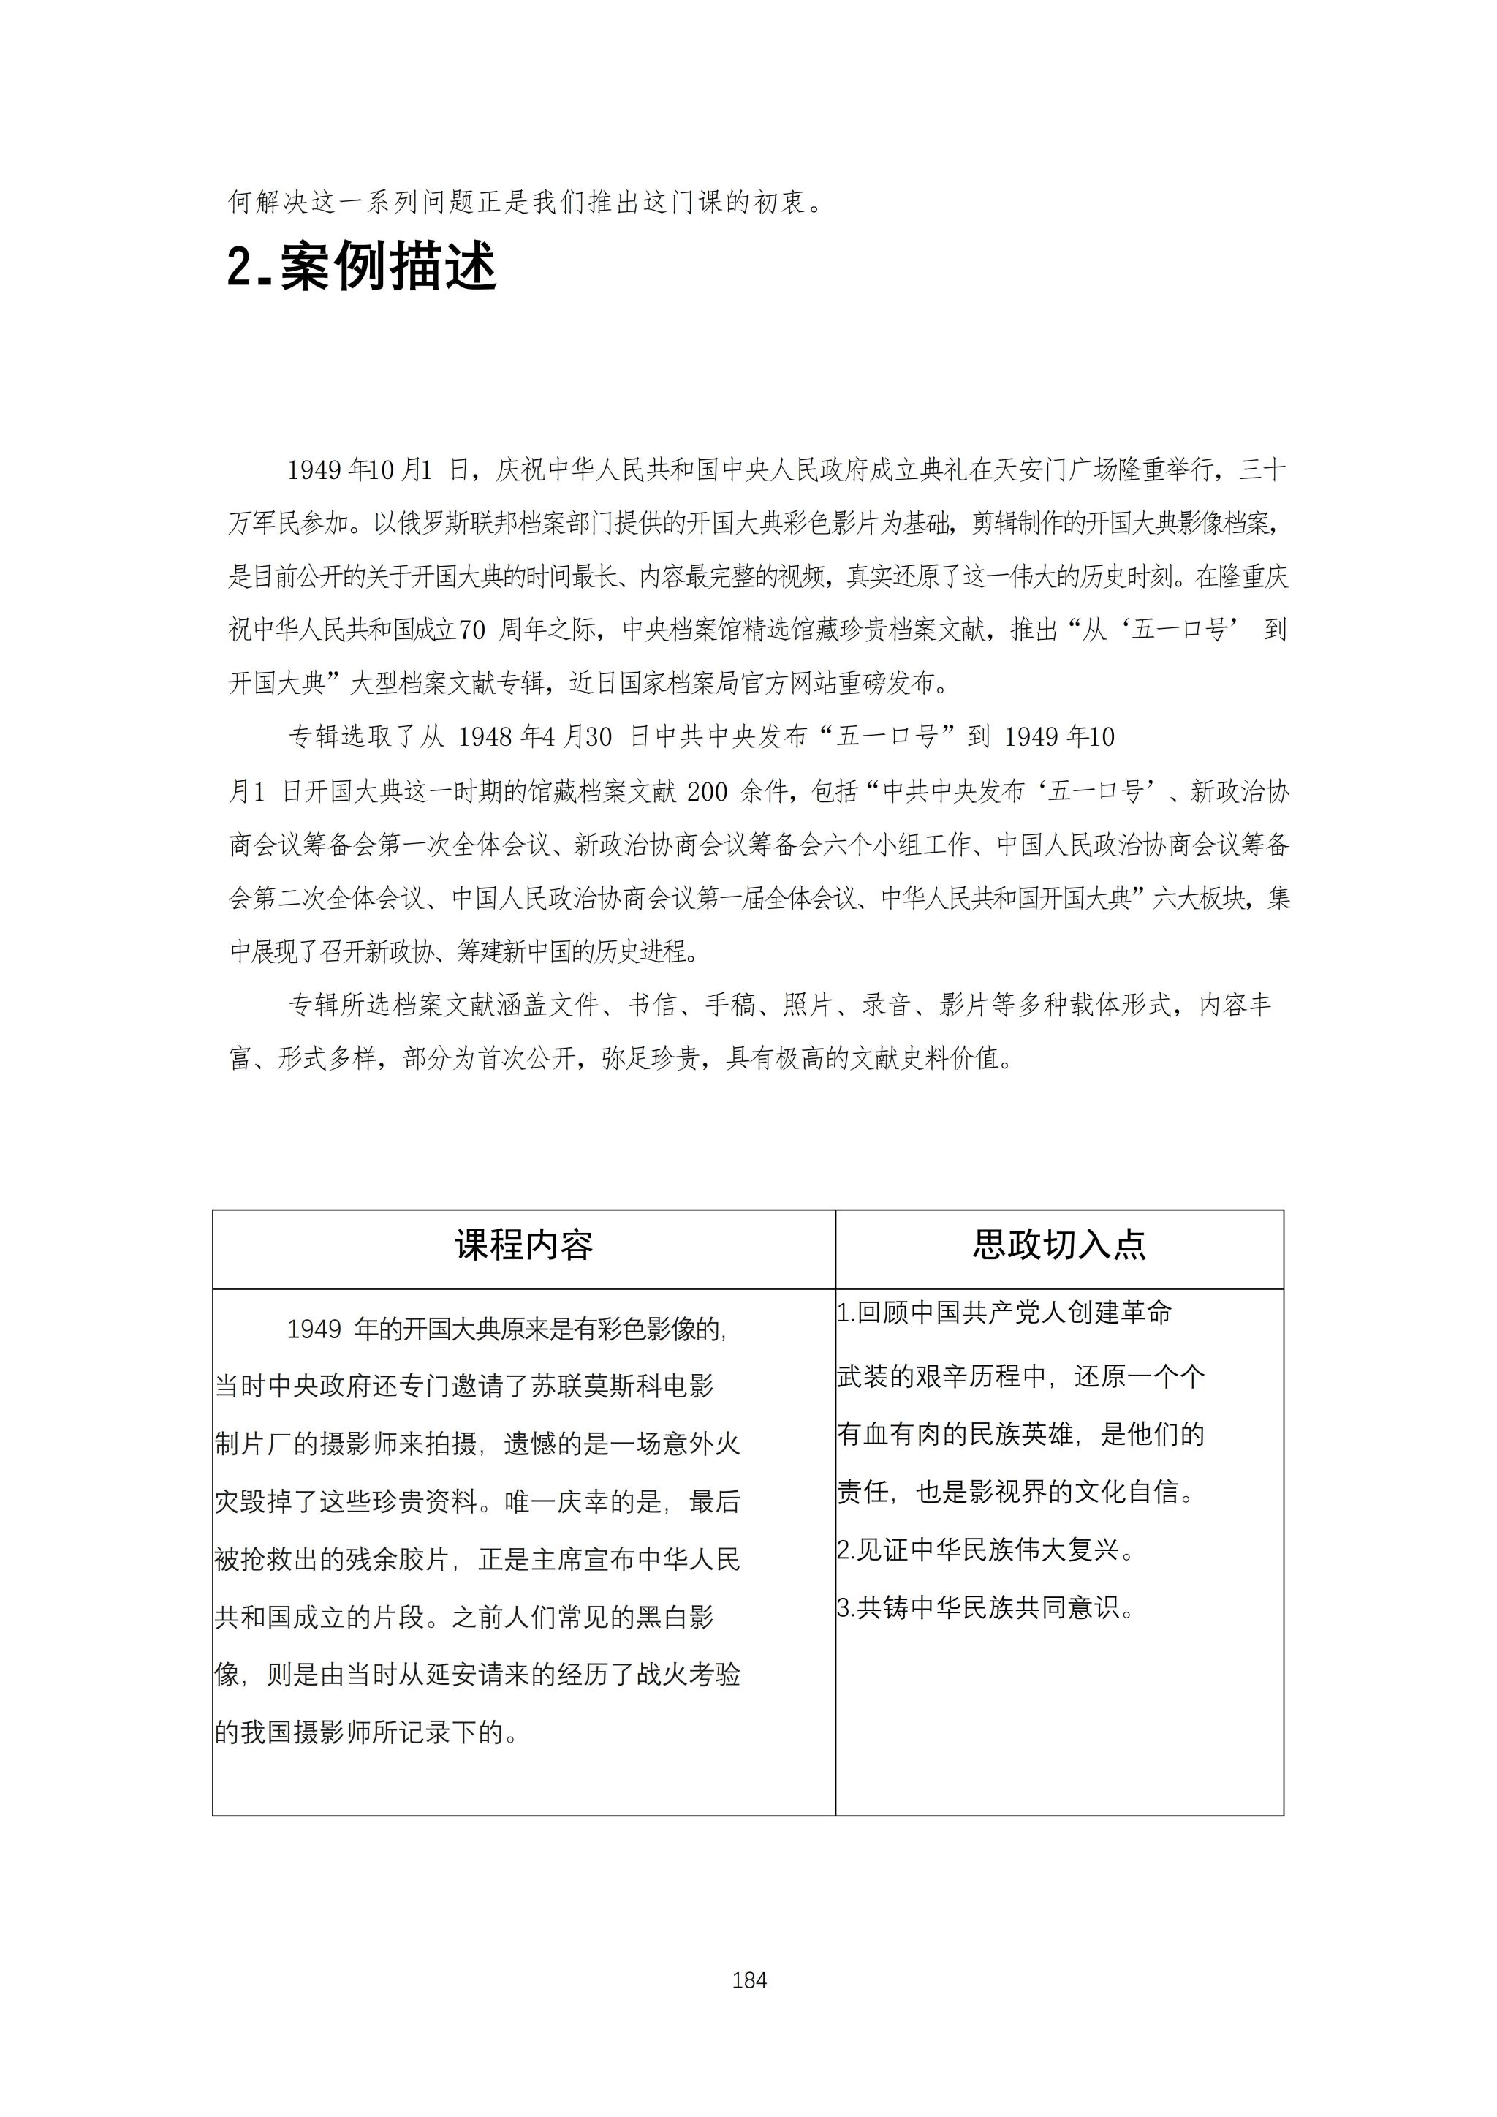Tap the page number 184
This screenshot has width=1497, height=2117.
coord(748,1980)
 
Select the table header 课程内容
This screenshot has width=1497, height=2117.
coord(523,1245)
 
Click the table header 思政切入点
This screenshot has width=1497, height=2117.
coord(1059,1245)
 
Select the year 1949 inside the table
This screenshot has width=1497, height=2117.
coord(314,1329)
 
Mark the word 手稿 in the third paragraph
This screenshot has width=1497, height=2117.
coord(731,1005)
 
